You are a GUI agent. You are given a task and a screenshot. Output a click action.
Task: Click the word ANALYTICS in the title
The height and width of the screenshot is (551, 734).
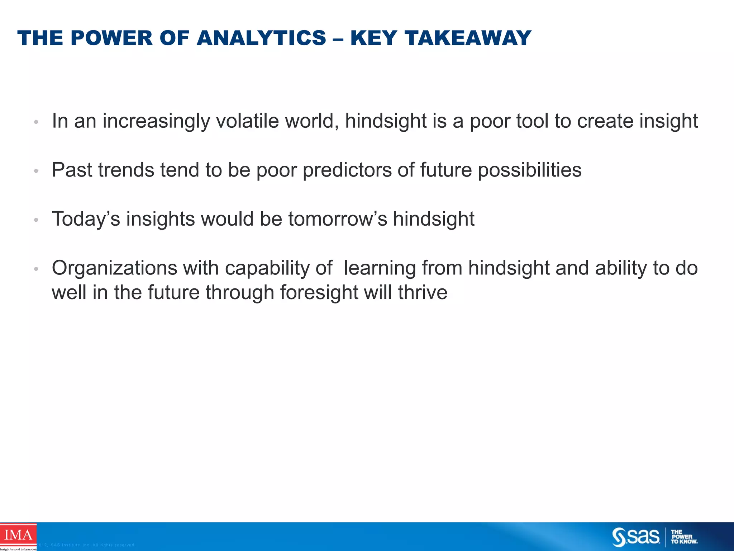(261, 38)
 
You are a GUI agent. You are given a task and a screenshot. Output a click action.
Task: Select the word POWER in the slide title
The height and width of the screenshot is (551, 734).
(111, 38)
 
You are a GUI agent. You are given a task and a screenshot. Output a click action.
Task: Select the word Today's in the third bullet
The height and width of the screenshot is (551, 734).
(86, 219)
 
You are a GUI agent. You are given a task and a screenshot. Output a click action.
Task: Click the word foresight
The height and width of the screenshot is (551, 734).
(319, 292)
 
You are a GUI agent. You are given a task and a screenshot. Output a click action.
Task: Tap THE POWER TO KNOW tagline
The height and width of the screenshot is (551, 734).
(683, 537)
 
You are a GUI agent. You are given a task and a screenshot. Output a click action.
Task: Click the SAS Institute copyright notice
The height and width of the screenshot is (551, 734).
(86, 545)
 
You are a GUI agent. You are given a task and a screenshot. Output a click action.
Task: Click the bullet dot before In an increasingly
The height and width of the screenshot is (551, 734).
(36, 122)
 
